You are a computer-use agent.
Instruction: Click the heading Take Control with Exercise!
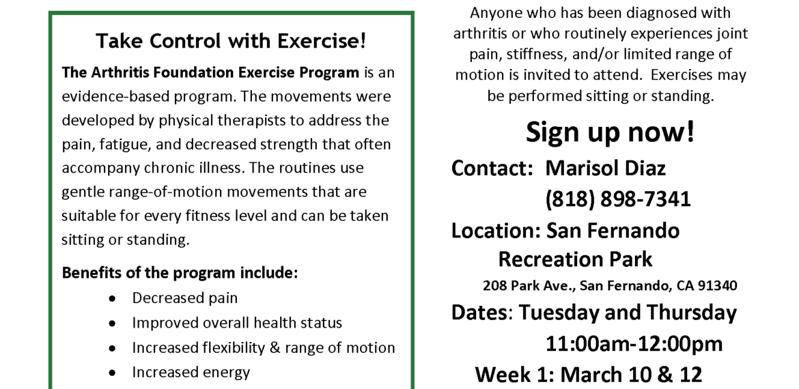click(231, 41)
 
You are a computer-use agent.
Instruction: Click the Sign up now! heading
click(610, 132)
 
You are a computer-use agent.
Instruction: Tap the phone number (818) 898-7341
click(617, 199)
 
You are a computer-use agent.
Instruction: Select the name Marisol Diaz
click(605, 168)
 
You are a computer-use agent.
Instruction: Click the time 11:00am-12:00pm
click(634, 344)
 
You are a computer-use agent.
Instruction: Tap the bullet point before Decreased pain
click(112, 299)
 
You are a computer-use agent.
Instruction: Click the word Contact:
click(492, 168)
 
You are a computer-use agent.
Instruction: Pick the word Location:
click(496, 231)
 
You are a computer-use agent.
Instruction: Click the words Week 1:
click(515, 375)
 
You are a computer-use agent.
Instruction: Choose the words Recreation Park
click(575, 259)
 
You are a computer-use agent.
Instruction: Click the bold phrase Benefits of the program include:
click(180, 273)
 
